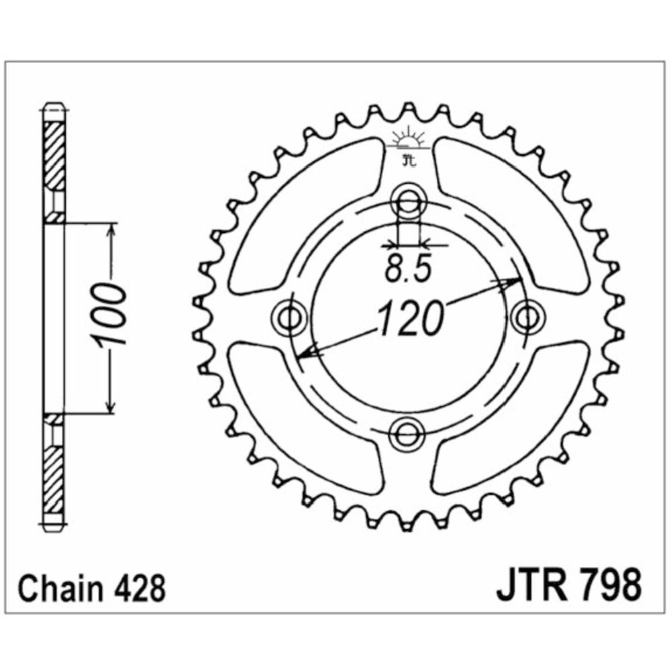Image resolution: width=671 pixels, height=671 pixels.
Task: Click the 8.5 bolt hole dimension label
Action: (x=407, y=270)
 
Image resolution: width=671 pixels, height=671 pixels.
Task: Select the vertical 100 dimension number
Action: (x=109, y=316)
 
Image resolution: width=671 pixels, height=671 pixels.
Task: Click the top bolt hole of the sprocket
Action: (x=408, y=199)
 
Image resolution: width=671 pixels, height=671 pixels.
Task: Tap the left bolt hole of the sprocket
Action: (x=289, y=317)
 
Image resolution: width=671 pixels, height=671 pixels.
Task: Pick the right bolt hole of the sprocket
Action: (x=527, y=317)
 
